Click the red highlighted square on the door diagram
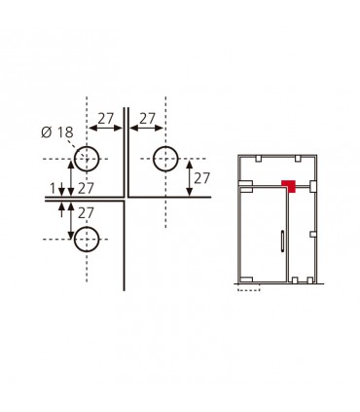288,186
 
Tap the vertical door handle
283,241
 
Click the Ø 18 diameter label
57,132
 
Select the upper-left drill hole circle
87,159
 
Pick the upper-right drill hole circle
165,159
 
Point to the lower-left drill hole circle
87,240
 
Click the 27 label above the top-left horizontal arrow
106,119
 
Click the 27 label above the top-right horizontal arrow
147,119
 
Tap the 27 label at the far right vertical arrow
201,178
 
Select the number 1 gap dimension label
53,188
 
